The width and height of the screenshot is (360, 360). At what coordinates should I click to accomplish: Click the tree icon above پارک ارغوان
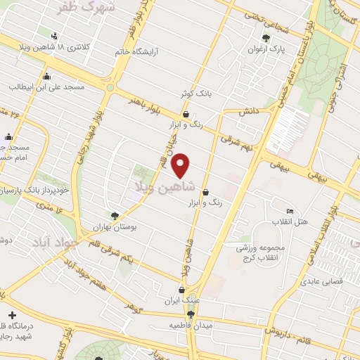point(266,38)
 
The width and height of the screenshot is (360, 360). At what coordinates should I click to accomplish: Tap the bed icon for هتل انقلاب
point(290,211)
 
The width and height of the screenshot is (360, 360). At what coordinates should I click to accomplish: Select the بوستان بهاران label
point(115,228)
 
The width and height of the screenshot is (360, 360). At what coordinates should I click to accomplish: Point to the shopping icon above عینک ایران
point(182,289)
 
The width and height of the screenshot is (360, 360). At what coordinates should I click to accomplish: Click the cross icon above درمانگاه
point(12,315)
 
